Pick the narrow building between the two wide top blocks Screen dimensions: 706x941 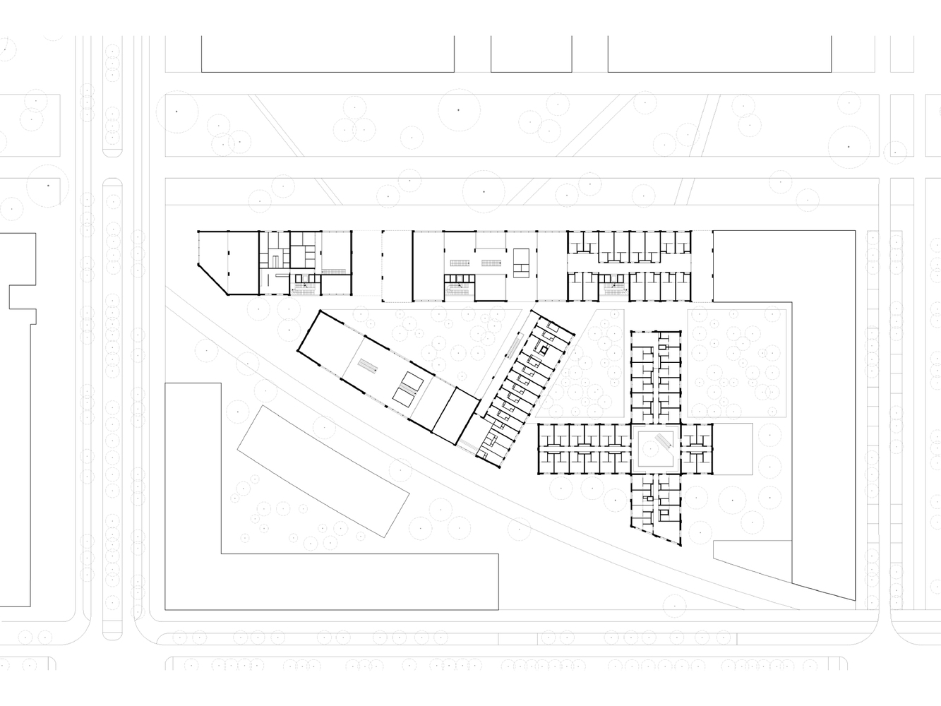(x=531, y=54)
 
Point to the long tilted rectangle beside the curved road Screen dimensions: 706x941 (x=323, y=469)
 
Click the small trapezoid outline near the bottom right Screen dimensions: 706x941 (x=751, y=561)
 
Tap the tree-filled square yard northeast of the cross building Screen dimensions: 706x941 (x=736, y=364)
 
